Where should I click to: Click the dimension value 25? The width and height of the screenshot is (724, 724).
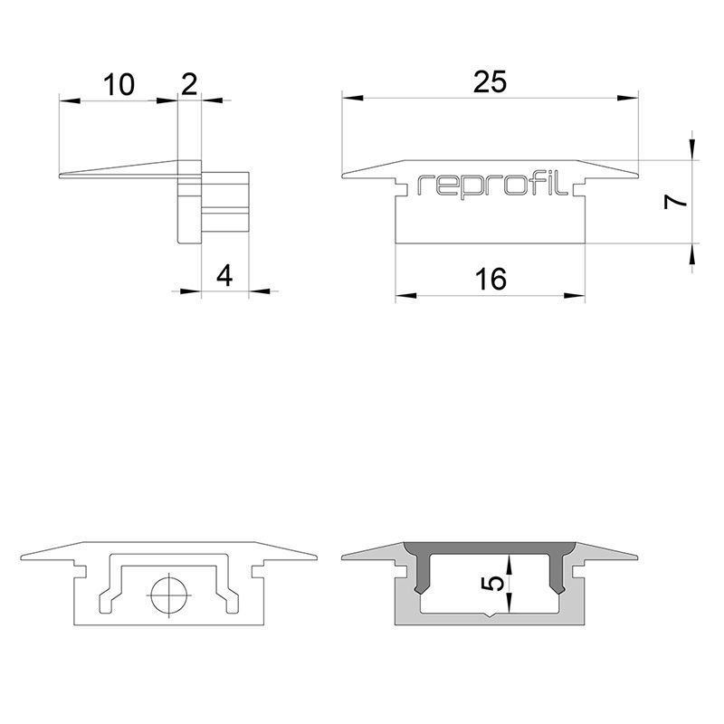(x=490, y=82)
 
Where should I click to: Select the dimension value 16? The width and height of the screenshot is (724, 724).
(x=490, y=280)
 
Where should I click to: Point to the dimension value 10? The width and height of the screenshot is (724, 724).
(x=119, y=86)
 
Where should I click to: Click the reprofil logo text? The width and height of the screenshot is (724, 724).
(x=492, y=185)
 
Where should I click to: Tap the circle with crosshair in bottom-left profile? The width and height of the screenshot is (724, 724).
(x=168, y=597)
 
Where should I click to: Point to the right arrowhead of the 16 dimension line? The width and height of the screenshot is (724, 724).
(x=578, y=295)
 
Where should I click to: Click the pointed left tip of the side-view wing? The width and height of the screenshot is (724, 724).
(x=60, y=176)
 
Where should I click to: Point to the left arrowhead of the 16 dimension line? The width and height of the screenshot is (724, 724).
(x=402, y=295)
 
